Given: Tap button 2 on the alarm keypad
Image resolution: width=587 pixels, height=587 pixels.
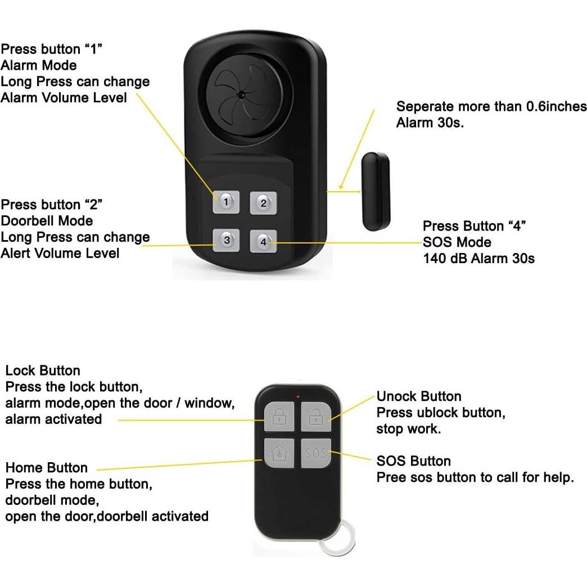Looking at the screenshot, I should coord(263,203).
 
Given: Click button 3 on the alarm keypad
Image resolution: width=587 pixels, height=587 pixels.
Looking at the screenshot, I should coord(226,240).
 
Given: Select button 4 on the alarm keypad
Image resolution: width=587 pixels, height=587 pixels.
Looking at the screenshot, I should coord(263,241).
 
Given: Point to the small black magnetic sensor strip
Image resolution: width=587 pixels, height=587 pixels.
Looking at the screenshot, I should coord(375,191).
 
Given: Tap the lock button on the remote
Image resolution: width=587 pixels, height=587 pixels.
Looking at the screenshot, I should coord(278,416).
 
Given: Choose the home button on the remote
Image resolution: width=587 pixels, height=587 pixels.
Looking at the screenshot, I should coord(278,453).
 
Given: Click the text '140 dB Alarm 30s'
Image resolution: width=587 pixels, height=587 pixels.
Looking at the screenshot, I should coord(478,259).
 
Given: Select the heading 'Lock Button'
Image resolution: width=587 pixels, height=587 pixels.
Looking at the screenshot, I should coord(43,371).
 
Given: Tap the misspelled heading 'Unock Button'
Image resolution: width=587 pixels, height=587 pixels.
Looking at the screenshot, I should coord(418,396).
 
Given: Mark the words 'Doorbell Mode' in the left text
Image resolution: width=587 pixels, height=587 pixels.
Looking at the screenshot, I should coord(47,221).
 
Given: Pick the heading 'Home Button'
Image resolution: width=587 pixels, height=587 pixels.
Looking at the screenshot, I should coord(47,468).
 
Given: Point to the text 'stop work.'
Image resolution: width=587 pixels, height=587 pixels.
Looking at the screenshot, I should coord(408,430).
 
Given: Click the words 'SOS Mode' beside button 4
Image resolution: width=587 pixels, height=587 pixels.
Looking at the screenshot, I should coord(457,242).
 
